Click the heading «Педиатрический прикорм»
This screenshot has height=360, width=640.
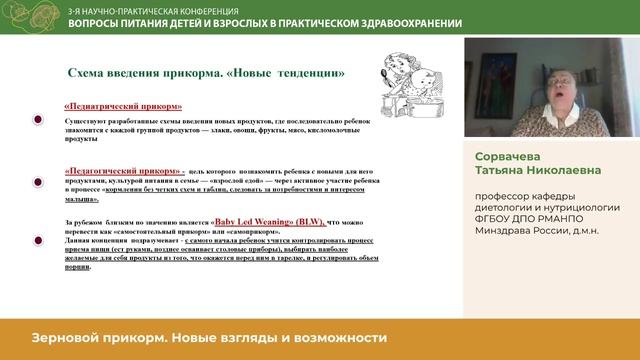pos(123,106)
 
